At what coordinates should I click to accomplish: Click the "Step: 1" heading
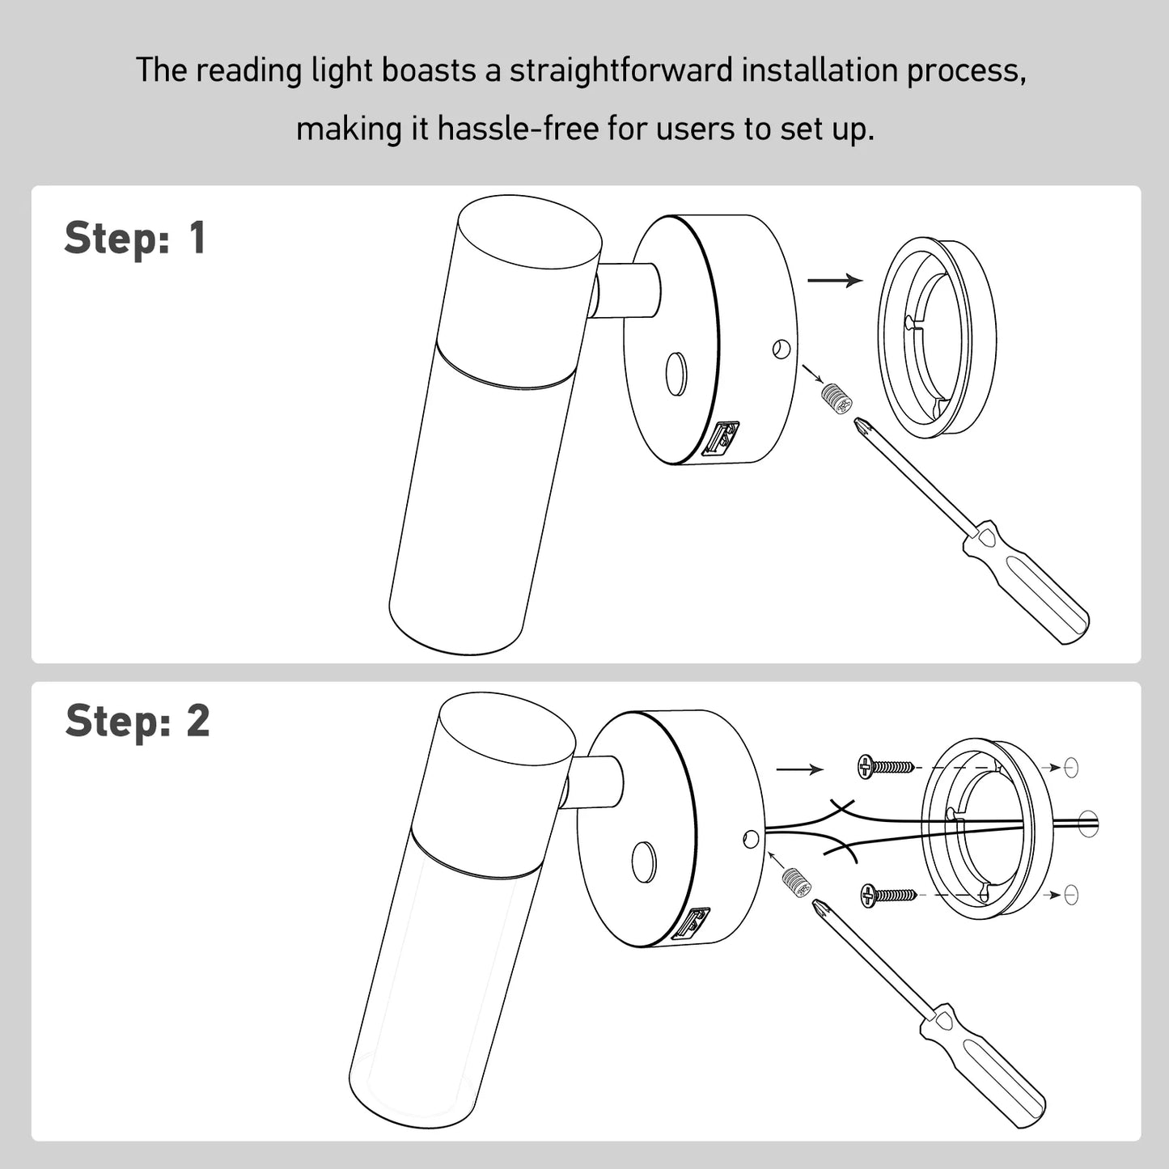tap(135, 239)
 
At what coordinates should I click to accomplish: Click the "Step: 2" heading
tap(138, 721)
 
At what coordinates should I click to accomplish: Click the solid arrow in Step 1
tap(835, 281)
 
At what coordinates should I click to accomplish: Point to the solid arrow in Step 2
tap(799, 769)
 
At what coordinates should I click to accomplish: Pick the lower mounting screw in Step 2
tap(887, 895)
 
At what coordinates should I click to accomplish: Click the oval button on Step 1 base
tap(676, 374)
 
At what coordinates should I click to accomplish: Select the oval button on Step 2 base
tap(644, 862)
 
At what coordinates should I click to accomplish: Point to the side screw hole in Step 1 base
tap(781, 349)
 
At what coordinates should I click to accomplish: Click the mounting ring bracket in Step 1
tap(937, 337)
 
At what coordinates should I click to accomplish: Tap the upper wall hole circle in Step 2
tap(1071, 767)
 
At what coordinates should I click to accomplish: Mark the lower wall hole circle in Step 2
tap(1071, 895)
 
